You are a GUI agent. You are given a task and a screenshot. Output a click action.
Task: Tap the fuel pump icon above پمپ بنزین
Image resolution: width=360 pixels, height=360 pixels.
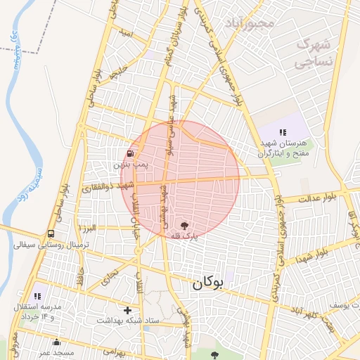pyautogui.click(x=130, y=153)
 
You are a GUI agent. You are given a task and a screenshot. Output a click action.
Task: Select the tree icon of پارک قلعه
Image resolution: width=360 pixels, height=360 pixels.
pyautogui.click(x=185, y=226)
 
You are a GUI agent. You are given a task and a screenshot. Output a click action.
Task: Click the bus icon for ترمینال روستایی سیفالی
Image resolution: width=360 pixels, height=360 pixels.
pyautogui.click(x=51, y=234)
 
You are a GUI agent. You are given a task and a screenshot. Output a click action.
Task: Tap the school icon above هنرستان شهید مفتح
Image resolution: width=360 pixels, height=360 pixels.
pyautogui.click(x=283, y=132)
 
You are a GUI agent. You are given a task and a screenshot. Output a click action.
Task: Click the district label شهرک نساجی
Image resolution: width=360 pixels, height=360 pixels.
pyautogui.click(x=314, y=53)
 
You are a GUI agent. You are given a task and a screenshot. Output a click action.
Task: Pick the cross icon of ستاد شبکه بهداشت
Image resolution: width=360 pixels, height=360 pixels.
pyautogui.click(x=127, y=309)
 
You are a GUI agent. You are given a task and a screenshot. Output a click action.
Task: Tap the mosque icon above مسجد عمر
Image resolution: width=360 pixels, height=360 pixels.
pyautogui.click(x=56, y=342)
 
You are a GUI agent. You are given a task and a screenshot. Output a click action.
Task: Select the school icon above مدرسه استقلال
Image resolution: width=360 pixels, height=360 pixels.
pyautogui.click(x=37, y=297)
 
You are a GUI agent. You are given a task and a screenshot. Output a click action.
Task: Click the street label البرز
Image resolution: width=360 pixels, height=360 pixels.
pyautogui.click(x=88, y=229)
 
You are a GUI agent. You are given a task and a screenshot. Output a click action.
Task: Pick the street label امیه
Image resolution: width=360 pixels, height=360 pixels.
pyautogui.click(x=126, y=33)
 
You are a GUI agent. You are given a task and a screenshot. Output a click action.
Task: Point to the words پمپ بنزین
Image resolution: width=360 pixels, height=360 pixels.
pyautogui.click(x=131, y=165)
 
